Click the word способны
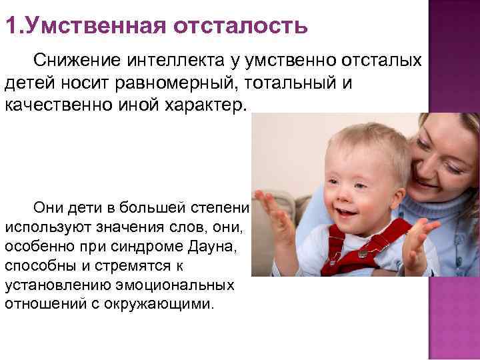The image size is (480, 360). (39, 265)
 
